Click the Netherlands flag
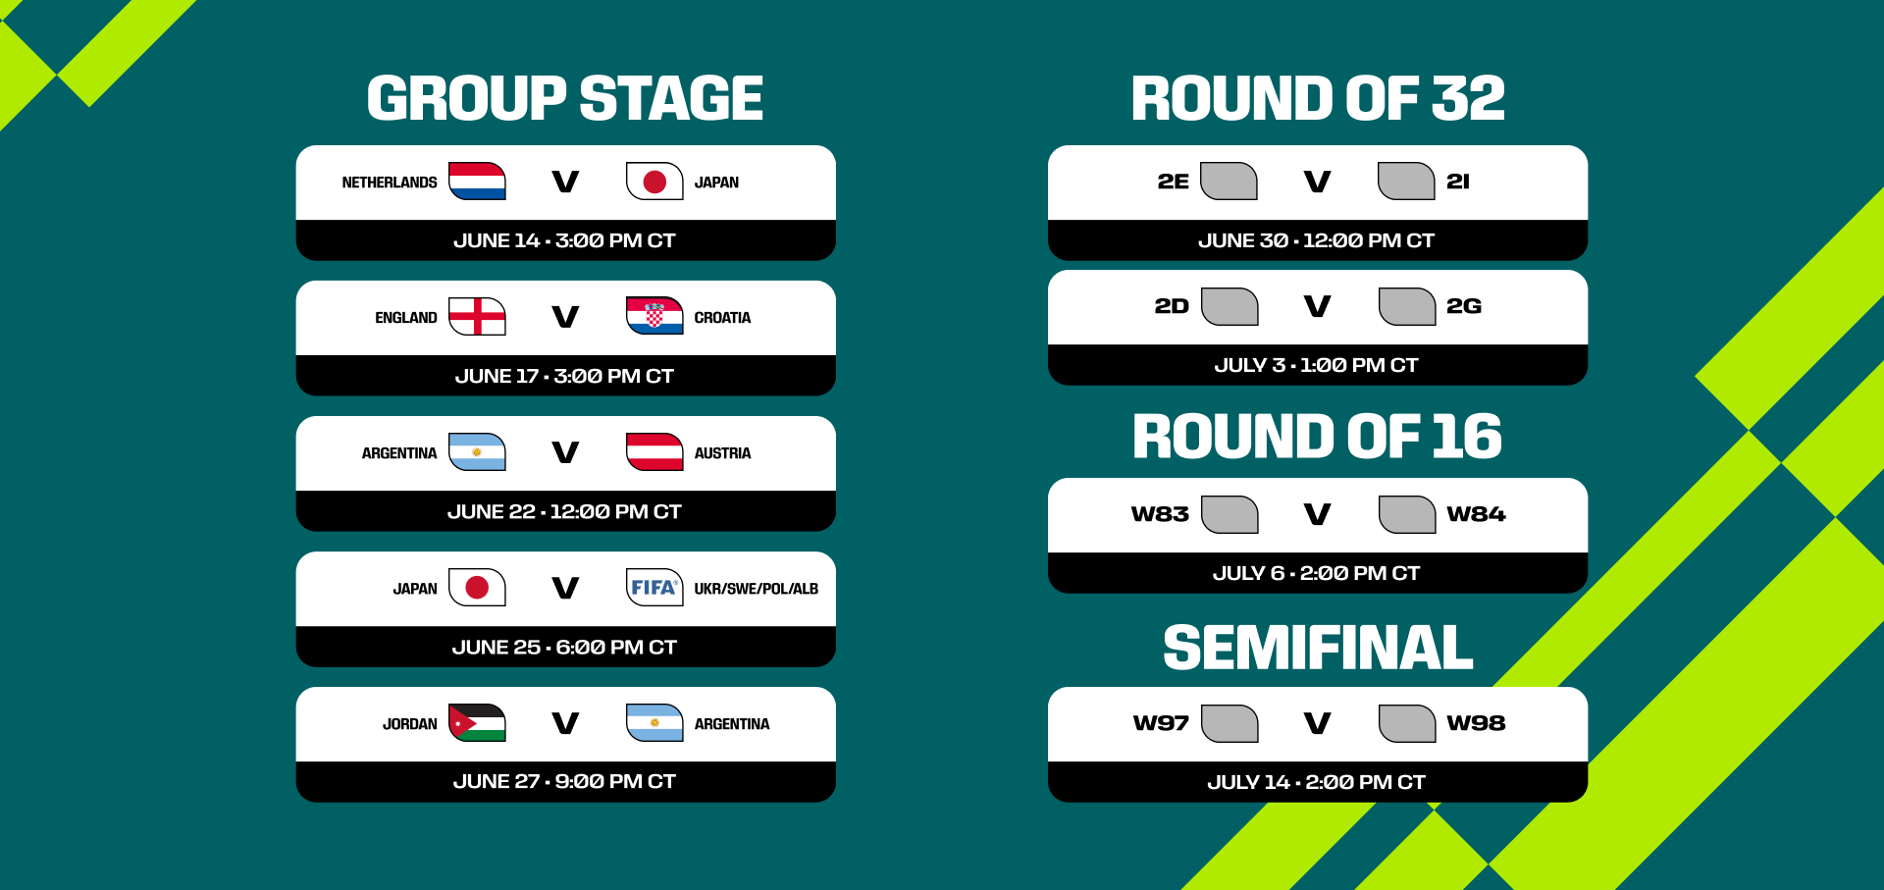click(x=477, y=182)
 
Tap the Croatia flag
click(x=654, y=316)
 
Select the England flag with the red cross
click(x=477, y=316)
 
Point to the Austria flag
click(x=654, y=451)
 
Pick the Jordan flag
click(x=477, y=722)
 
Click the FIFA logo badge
click(x=654, y=587)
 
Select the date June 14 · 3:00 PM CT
click(x=564, y=240)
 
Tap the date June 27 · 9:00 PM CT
click(x=564, y=781)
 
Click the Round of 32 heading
click(x=1318, y=98)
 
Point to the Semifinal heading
click(x=1318, y=648)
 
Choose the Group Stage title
click(x=565, y=98)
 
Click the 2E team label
click(x=1173, y=182)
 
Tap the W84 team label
click(x=1476, y=514)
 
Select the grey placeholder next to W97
click(x=1230, y=723)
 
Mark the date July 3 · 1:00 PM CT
click(x=1316, y=365)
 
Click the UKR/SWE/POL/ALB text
click(x=756, y=589)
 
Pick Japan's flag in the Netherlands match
click(x=654, y=182)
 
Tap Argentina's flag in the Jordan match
click(x=654, y=722)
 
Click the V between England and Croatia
click(x=565, y=317)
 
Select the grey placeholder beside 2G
click(x=1407, y=306)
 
